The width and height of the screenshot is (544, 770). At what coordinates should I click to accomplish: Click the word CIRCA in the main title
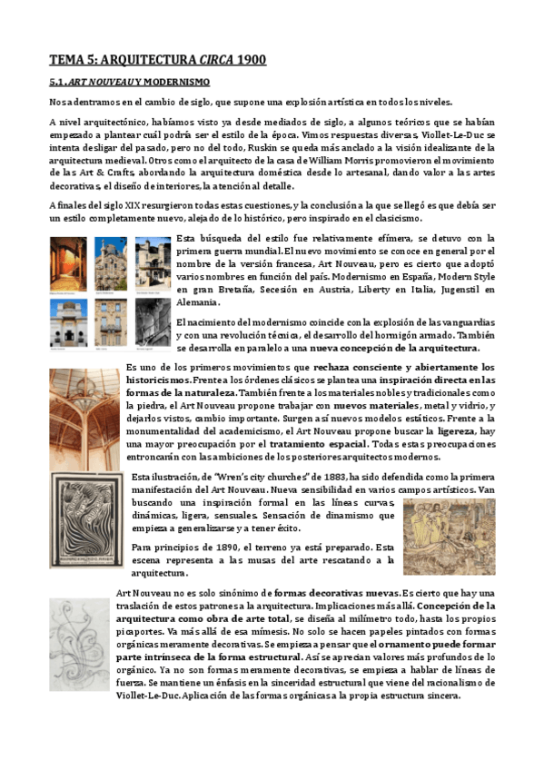[x=209, y=61]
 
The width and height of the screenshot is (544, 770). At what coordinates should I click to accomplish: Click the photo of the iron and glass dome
[x=86, y=412]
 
